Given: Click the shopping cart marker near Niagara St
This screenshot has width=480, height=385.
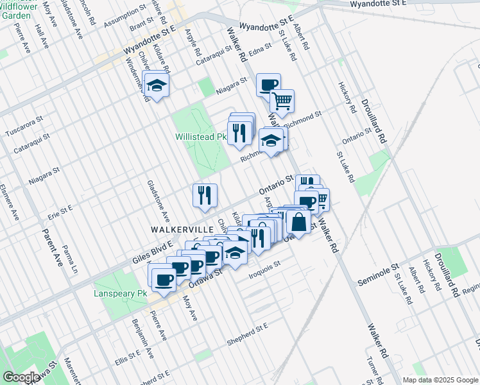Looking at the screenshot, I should click(282, 101).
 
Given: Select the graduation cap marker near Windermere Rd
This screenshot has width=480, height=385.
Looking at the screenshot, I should click(155, 86).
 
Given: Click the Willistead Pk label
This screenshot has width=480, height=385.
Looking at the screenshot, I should click(201, 137).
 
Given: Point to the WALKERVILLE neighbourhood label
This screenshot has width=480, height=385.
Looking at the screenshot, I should click(178, 228).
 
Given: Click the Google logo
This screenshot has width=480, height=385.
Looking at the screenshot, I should click(21, 377).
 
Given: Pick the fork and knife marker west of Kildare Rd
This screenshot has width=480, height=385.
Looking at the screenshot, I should click(205, 195).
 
